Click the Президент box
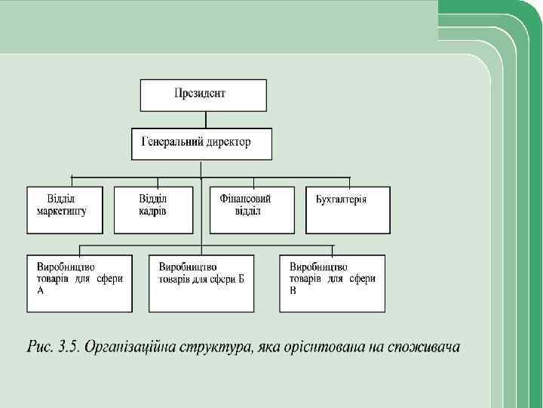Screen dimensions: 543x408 [203, 95]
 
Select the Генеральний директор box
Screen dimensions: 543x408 [201, 144]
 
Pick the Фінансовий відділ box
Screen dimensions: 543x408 [253, 209]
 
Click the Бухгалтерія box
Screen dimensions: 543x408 [348, 209]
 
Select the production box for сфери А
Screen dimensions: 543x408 [79, 283]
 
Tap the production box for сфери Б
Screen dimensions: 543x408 [201, 283]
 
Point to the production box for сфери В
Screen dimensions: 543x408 [332, 283]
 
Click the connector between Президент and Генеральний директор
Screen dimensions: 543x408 [204, 119]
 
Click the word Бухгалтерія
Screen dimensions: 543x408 [341, 199]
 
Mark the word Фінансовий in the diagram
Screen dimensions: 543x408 [245, 199]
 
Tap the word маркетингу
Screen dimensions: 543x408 [62, 211]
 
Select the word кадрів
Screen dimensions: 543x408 [152, 211]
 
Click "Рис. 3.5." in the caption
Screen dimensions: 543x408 [52, 348]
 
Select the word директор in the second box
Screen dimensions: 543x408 [226, 142]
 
